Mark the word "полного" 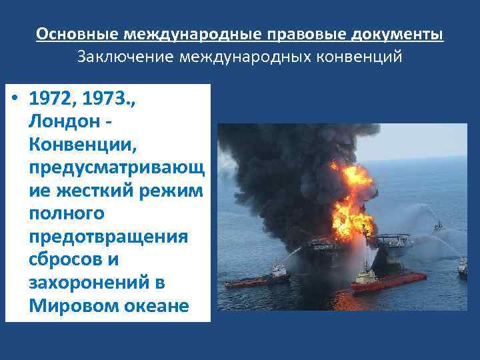click(x=66, y=214)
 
